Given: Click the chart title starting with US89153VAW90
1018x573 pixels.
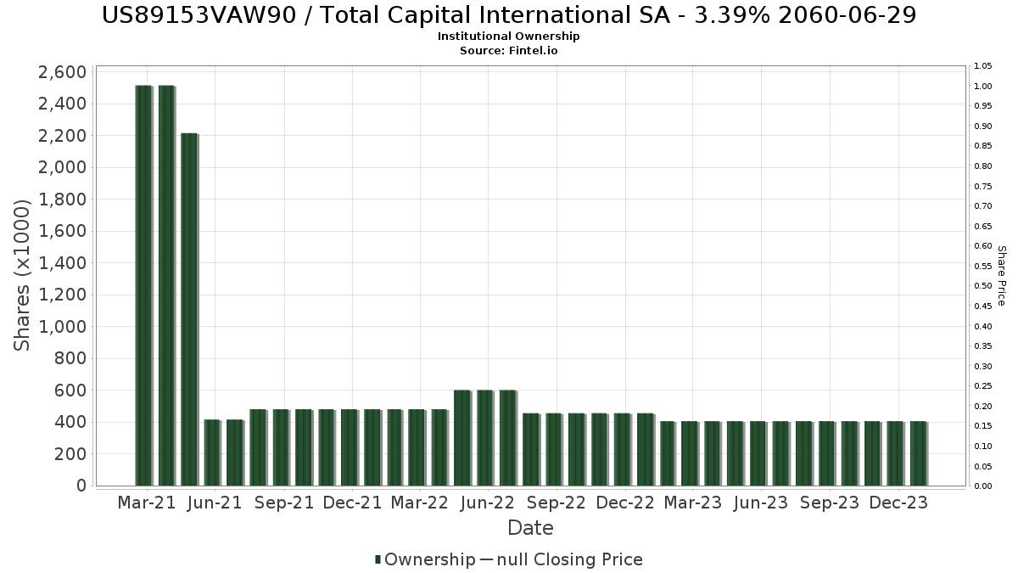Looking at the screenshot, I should coord(509,15).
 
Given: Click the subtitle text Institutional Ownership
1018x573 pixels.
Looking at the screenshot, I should coord(509,37).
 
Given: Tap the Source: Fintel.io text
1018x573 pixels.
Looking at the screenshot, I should coord(509,50).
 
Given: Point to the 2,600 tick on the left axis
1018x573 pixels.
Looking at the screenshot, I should coord(62,72).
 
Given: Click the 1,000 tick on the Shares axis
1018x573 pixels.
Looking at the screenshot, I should coord(62,327).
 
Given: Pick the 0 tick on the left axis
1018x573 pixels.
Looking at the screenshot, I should coord(81,486).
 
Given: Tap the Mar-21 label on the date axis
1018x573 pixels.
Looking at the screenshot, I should coord(147,503).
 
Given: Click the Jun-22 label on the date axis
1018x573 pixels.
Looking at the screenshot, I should coord(487,503).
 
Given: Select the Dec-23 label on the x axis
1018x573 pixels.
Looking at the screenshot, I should coord(899,503).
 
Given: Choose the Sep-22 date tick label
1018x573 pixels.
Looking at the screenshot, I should coord(556,503).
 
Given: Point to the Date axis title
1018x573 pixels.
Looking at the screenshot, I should coord(530,528).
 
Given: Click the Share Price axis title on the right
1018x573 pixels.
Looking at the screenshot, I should coord(1001,276).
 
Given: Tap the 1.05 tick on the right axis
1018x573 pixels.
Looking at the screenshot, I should coord(983,66).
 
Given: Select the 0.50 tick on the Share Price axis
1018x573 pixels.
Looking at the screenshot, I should coord(983,286).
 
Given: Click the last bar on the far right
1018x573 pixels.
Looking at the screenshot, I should coord(918,453).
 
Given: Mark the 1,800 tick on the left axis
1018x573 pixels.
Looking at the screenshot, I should coord(62,199).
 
